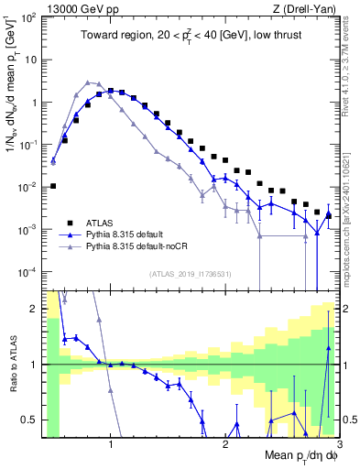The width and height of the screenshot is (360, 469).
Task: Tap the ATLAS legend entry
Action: coord(104,222)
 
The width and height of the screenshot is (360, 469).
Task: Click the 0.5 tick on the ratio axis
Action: coord(32,420)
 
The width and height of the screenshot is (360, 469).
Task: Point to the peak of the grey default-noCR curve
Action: coord(87,82)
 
